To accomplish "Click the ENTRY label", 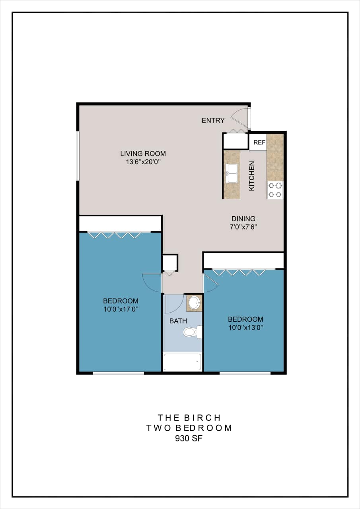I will tap(213, 120).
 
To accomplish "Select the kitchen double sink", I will tap(232, 173).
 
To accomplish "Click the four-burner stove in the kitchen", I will tap(275, 190).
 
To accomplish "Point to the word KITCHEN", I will tap(252, 176).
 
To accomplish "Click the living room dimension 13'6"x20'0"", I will tap(143, 162).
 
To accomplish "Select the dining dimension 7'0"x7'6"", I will tap(243, 227).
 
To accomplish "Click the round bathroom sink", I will tap(195, 303).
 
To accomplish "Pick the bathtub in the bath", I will tap(183, 362).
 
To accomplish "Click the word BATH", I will tap(178, 321).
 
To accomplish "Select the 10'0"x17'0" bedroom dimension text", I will tap(121, 309).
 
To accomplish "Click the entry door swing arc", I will tap(240, 119).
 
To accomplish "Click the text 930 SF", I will tap(189, 439).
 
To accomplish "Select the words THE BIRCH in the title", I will tap(189, 418).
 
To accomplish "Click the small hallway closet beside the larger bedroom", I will tap(170, 263).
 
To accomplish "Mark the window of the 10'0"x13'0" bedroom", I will tap(245, 373).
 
